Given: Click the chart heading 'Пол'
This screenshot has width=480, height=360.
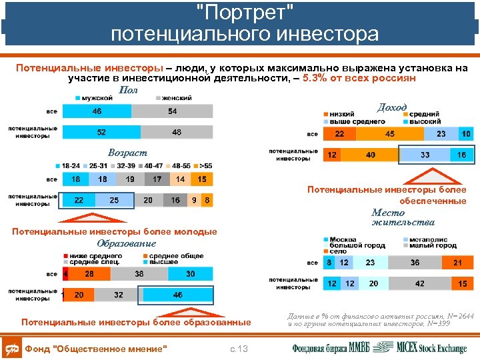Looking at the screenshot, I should (x=128, y=90).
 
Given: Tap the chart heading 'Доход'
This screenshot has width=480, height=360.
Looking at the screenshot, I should (x=392, y=107).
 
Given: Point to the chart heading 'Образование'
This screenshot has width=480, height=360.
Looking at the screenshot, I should (x=127, y=243).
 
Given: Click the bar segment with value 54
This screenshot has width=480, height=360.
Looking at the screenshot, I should (x=172, y=111).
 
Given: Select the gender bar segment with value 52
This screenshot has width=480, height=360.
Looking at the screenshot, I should (x=101, y=132).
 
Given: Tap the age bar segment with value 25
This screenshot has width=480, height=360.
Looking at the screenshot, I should (x=114, y=200).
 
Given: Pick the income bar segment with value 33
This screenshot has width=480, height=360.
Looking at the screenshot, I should (x=425, y=155).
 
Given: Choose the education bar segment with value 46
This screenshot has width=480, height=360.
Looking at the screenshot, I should (x=177, y=294).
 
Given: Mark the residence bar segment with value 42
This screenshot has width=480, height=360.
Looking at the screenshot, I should (x=420, y=283).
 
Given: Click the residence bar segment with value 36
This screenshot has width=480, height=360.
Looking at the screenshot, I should (x=415, y=263).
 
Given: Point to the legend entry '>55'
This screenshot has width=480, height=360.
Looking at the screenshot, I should (x=205, y=165).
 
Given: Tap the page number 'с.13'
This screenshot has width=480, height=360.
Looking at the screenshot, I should (x=238, y=349).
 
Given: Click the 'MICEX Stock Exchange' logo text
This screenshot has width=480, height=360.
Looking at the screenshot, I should (x=432, y=347).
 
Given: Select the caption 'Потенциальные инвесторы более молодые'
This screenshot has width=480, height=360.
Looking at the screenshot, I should (x=115, y=232).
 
